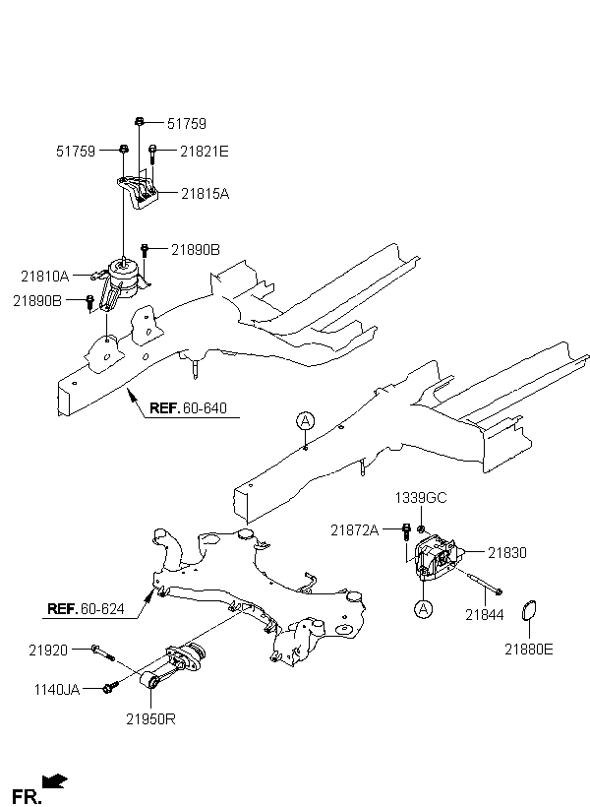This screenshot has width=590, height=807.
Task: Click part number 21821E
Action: [x=205, y=152]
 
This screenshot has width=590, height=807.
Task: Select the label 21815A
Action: [x=205, y=194]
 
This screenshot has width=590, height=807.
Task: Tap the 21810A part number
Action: [x=45, y=277]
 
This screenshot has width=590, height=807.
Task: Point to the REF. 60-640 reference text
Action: [x=188, y=408]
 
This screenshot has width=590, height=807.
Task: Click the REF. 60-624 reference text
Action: [x=86, y=609]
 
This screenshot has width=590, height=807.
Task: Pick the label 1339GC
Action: [x=421, y=498]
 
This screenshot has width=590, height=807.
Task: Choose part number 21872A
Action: [x=354, y=530]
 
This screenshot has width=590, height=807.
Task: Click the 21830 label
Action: [x=507, y=553]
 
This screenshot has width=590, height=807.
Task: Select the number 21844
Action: [x=485, y=614]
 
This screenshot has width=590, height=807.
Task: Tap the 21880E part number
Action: [x=529, y=650]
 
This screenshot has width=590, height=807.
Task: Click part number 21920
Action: [x=48, y=651]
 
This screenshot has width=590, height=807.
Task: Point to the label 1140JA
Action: [x=57, y=690]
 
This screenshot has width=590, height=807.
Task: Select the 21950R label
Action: [x=150, y=719]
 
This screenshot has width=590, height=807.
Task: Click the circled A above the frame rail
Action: [x=306, y=421]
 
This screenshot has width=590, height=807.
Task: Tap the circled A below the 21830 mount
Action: [x=424, y=609]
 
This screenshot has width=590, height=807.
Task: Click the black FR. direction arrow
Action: [x=54, y=781]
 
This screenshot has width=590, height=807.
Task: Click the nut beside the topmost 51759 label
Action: [x=139, y=121]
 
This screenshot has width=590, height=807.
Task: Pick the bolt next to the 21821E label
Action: [x=152, y=154]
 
